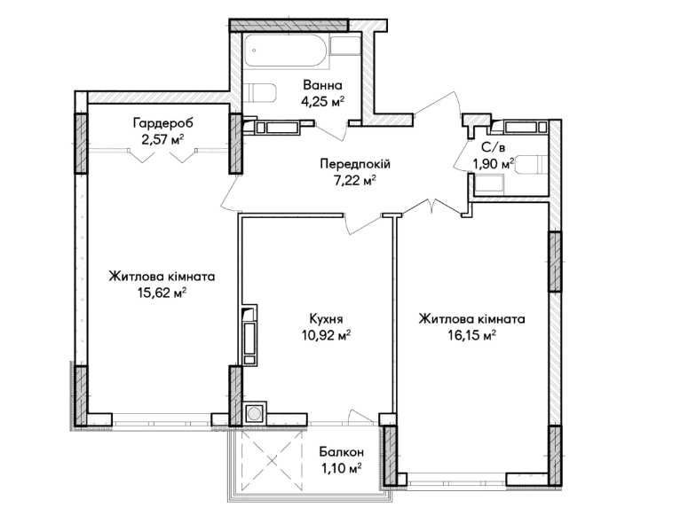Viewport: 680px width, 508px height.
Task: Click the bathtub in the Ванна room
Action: point(287,51)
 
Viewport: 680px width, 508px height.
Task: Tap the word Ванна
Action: point(322,85)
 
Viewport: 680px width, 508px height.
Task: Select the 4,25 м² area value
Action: point(322,102)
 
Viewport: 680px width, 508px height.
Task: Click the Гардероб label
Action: point(162,123)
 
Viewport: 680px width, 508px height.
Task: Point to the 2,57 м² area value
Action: point(162,140)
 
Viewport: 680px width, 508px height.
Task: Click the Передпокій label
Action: point(355,164)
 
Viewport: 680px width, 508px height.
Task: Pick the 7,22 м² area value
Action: point(354,181)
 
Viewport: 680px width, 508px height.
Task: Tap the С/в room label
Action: point(493,147)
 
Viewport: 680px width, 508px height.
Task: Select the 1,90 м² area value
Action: point(494,164)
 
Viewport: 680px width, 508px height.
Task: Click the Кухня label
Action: point(326,319)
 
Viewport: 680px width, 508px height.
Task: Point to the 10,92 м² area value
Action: point(326,336)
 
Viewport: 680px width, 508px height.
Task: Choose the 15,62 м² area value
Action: point(162,293)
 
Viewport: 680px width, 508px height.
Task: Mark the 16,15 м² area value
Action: point(472,336)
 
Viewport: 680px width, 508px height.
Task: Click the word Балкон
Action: point(341,452)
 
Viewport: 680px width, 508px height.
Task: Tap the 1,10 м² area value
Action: point(341,469)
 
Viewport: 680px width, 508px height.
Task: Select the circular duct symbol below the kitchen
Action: point(254,414)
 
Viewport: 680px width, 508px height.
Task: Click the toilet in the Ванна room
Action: point(259,93)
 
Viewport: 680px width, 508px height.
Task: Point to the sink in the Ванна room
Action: point(345,46)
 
